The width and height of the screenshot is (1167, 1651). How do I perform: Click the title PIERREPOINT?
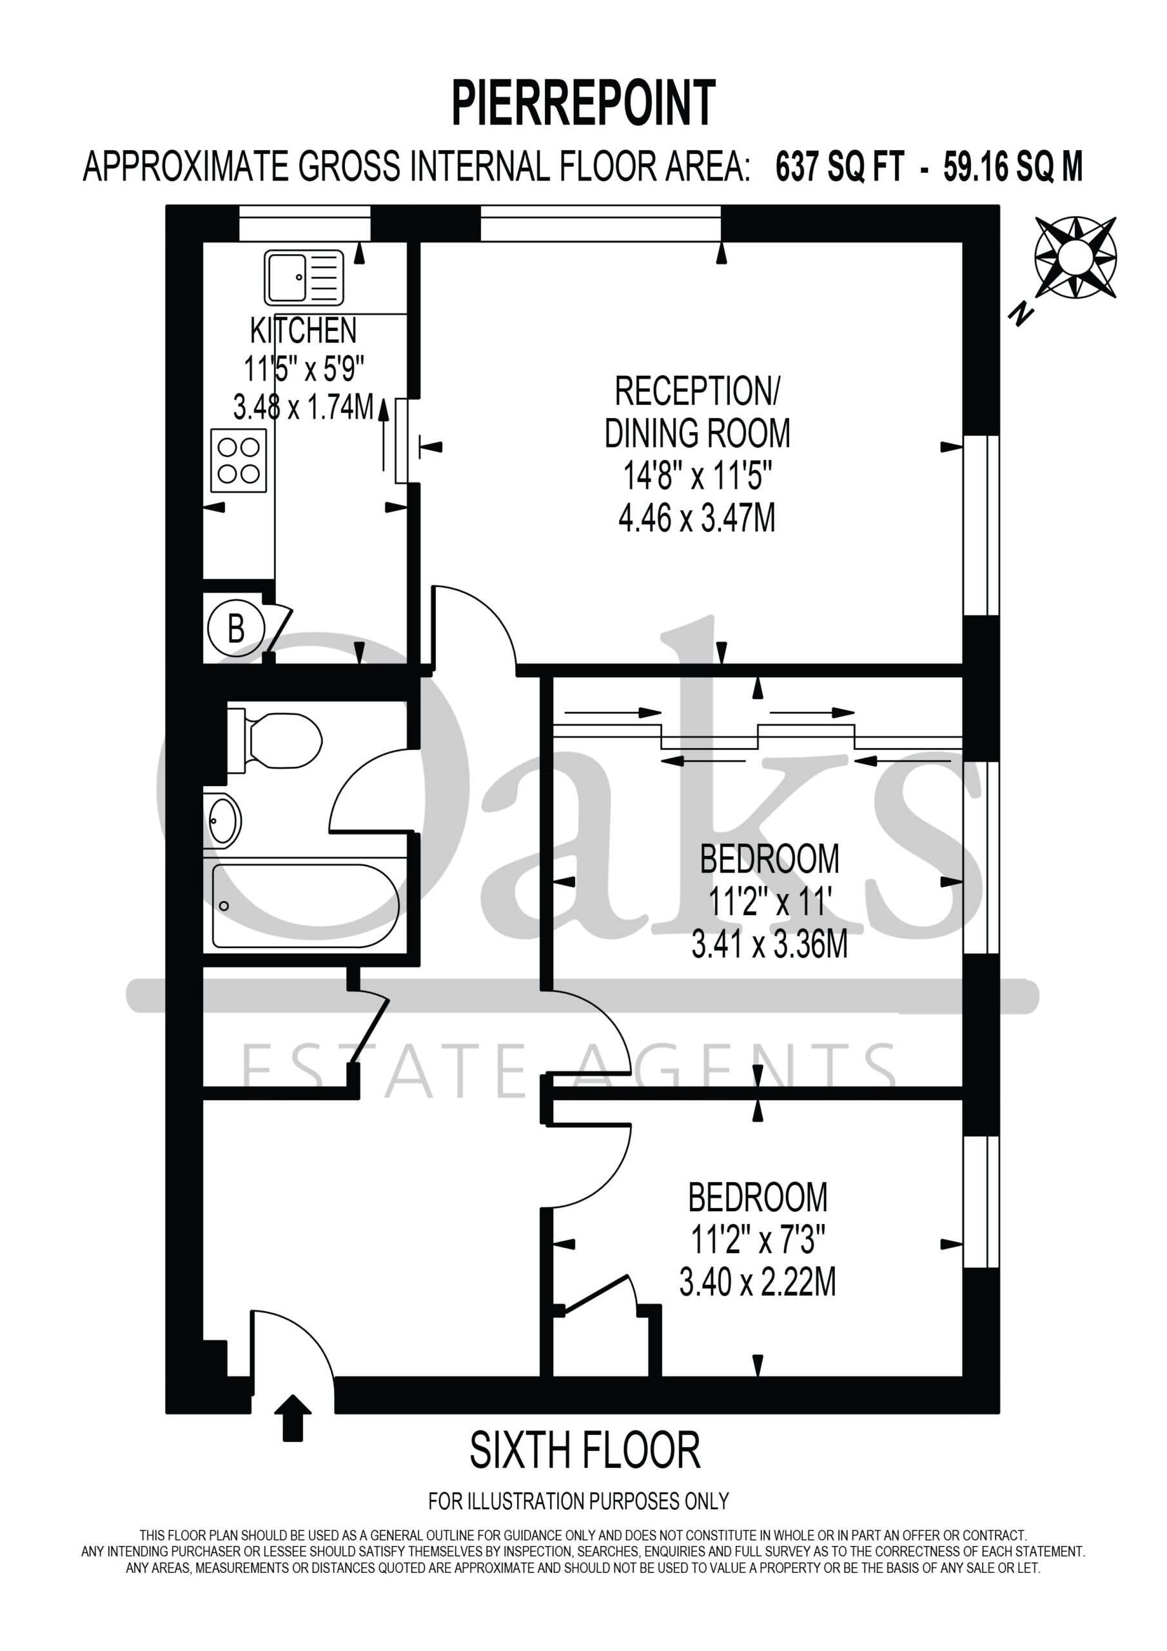(583, 104)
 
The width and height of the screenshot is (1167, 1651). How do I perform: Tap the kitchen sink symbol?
(304, 277)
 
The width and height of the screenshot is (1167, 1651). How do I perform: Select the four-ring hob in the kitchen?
(239, 461)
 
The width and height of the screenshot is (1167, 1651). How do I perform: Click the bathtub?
(306, 906)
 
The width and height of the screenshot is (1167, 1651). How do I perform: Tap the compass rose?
(1075, 257)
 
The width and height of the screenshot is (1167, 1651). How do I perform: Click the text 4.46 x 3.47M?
(697, 518)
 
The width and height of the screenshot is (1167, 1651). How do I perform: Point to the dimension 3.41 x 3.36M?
(769, 944)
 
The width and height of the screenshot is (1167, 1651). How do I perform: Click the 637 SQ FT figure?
(839, 167)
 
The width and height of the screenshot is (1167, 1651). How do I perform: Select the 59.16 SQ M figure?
(1013, 167)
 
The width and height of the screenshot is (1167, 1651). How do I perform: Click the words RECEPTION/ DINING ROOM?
(697, 412)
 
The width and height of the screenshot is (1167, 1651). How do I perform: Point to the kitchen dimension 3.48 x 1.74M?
(304, 407)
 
